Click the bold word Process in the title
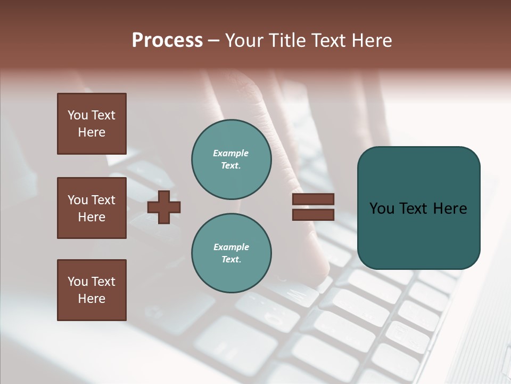tap(167, 41)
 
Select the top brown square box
tap(92, 124)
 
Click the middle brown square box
tap(92, 208)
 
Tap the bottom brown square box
tap(92, 290)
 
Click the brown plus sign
tap(164, 207)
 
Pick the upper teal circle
tap(231, 159)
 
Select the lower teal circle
tap(231, 253)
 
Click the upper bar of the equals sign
tap(313, 199)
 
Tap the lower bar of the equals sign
tap(313, 214)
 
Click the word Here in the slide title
tap(373, 41)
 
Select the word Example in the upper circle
tap(231, 153)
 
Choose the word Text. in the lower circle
tap(231, 260)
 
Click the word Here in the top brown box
tap(92, 132)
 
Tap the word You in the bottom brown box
tap(78, 282)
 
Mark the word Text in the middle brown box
tap(103, 200)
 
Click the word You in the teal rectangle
tap(382, 209)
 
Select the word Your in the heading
tap(245, 41)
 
